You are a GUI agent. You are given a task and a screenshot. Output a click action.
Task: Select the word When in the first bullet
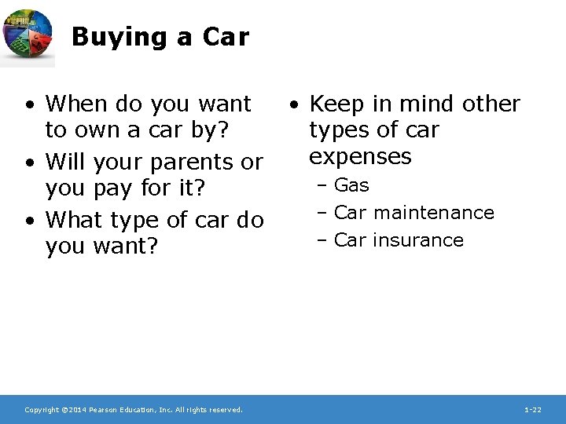click(79, 104)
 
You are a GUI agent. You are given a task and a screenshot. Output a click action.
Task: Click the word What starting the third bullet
click(77, 220)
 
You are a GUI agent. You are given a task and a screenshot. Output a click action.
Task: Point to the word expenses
click(360, 156)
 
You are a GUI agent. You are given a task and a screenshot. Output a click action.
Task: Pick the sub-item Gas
click(351, 186)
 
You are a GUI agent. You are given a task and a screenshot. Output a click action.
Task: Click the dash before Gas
click(322, 186)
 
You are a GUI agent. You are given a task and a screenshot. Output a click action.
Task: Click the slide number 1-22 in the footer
click(532, 410)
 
